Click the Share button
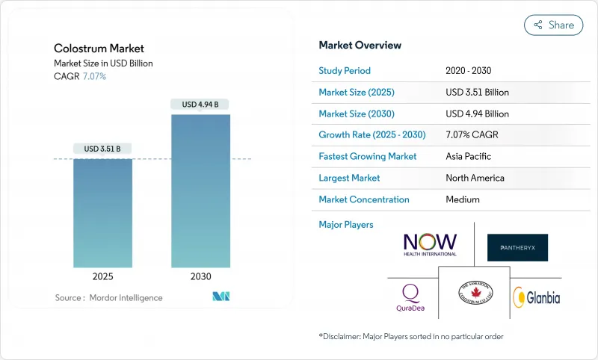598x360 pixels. coord(554,25)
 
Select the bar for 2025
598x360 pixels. coord(102,213)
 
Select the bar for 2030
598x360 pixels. coord(200,190)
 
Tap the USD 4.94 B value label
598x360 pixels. coord(200,105)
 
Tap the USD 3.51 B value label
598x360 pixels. coord(102,149)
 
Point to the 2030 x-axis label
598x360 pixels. coord(200,276)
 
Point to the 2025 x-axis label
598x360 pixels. coord(102,276)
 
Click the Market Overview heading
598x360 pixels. coord(360,45)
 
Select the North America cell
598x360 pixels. coord(475,178)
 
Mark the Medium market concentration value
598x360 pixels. coord(463,199)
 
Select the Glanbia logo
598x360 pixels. coord(536,297)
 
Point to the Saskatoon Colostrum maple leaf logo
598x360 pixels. coord(475,293)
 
